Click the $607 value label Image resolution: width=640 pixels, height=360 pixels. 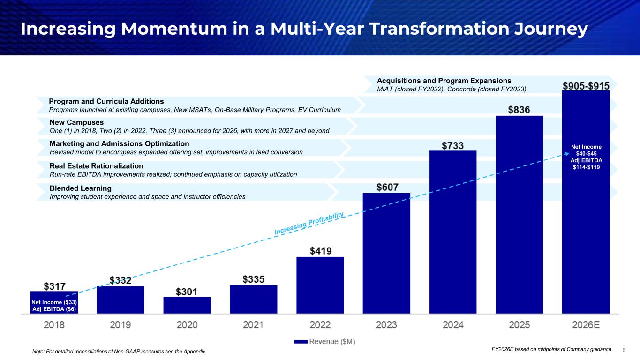[x=388, y=187]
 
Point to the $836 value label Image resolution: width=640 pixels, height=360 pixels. [x=520, y=110]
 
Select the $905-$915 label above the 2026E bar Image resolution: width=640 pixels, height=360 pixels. [x=586, y=87]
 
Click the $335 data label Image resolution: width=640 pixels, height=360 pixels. [x=253, y=279]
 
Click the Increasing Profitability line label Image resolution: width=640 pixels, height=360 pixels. [x=309, y=224]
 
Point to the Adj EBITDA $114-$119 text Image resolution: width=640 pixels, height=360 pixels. [x=586, y=164]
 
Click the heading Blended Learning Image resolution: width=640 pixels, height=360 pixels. [x=81, y=188]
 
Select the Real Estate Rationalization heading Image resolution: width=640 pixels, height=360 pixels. [x=96, y=166]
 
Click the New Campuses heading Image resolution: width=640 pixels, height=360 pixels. [x=76, y=122]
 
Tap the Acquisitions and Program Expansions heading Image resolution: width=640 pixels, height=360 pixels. [x=444, y=81]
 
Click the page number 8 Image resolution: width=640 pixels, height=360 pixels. [x=624, y=350]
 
